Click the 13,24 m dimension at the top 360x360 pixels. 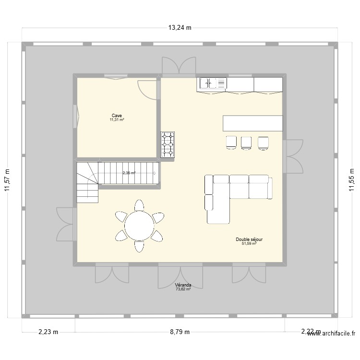pyautogui.click(x=180, y=27)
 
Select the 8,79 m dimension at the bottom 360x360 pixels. pyautogui.click(x=180, y=332)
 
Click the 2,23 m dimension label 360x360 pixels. pyautogui.click(x=48, y=332)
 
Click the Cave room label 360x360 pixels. pyautogui.click(x=117, y=116)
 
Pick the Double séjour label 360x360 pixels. pyautogui.click(x=249, y=239)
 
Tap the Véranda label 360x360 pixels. pyautogui.click(x=183, y=285)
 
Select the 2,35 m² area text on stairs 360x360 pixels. pyautogui.click(x=129, y=173)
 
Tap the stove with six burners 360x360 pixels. pyautogui.click(x=168, y=144)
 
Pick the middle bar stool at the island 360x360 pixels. pyautogui.click(x=246, y=143)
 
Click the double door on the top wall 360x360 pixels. pyautogui.click(x=179, y=66)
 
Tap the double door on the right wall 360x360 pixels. pyautogui.click(x=294, y=156)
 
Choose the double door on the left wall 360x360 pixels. pyautogui.click(x=65, y=224)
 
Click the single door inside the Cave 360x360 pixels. pyautogui.click(x=148, y=88)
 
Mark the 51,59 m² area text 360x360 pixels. pyautogui.click(x=249, y=243)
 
